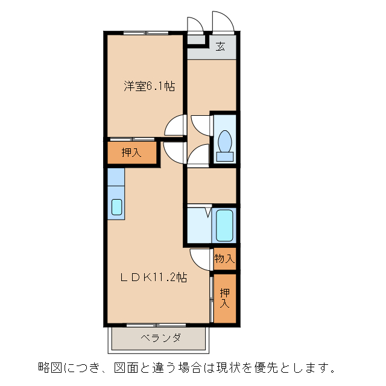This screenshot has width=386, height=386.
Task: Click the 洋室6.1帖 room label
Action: (x=150, y=86)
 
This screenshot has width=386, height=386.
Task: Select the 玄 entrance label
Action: (x=221, y=46)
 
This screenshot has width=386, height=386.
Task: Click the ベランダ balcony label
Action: (x=160, y=338)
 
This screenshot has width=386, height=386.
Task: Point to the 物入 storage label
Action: (x=224, y=259)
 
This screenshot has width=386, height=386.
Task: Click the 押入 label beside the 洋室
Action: (x=131, y=153)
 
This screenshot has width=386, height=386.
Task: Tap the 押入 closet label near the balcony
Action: (x=224, y=298)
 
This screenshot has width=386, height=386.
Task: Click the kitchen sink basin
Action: (x=116, y=207)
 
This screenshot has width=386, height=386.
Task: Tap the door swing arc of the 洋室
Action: (x=175, y=125)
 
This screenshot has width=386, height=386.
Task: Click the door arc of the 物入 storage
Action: (x=200, y=258)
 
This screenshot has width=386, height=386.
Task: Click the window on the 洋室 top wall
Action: (x=145, y=32)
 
